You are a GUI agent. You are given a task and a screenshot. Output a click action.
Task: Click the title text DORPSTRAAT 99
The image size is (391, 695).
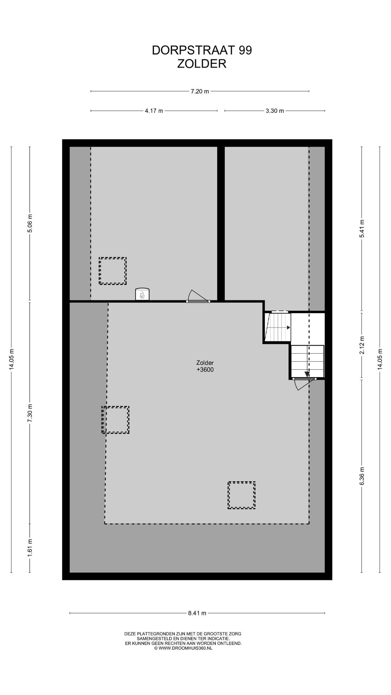coord(202,50)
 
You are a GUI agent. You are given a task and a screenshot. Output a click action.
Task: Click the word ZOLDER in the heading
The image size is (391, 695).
coord(202,64)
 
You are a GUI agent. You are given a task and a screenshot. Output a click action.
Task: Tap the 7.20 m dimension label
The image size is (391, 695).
coord(200,91)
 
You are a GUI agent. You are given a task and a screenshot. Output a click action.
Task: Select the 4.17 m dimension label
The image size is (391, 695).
coord(154,111)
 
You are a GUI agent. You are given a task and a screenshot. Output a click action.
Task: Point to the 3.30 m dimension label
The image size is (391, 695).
coord(275,111)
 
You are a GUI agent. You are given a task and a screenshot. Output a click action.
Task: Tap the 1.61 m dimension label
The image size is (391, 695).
coord(30,548)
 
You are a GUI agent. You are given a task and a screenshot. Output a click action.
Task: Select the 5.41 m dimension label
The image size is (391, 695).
coord(362,229)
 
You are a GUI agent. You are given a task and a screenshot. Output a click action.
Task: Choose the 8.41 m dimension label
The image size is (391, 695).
coord(197,613)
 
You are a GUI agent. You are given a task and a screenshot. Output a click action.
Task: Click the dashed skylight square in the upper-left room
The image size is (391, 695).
coord(113,271)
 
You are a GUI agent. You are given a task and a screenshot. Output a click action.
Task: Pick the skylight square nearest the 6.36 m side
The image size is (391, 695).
coord(241,495)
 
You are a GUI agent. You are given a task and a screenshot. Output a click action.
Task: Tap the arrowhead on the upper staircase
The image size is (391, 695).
coord(289,328)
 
